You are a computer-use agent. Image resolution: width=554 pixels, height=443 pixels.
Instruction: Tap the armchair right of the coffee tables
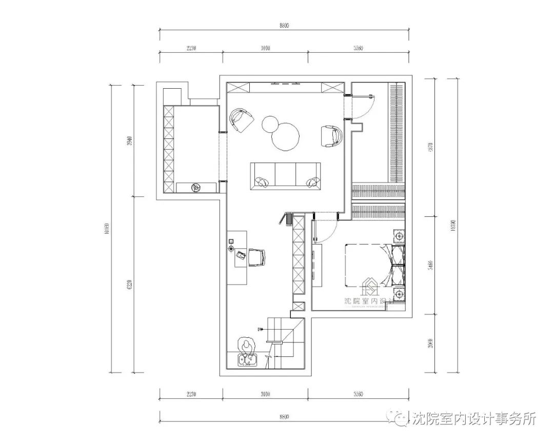pos(331,136)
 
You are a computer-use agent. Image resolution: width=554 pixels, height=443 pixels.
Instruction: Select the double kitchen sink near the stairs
pos(248,361)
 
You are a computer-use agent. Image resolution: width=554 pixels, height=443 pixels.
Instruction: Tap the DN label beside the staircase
pos(260,329)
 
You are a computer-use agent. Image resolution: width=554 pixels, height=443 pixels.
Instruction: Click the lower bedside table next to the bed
pos(399,294)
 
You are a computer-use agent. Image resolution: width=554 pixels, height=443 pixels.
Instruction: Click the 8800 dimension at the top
pos(284,26)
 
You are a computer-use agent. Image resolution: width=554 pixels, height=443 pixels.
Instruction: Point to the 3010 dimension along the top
pos(265,48)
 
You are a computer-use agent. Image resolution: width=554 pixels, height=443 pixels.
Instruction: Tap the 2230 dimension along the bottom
pos(191,394)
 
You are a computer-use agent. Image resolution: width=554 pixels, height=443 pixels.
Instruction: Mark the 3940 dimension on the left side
pos(129,141)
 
